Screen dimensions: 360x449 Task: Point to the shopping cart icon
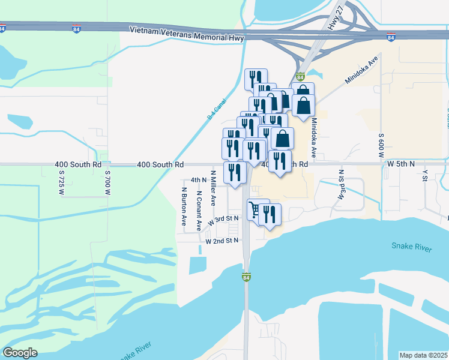point(255,210)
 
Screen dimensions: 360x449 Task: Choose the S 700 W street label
point(108,184)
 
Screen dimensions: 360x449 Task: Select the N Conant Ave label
point(199,211)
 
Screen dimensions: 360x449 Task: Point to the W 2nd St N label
point(222,241)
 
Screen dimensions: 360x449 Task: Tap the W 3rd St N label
point(223,221)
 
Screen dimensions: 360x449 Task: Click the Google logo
point(20,353)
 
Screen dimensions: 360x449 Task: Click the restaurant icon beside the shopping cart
point(269,215)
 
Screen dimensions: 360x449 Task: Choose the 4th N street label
point(198,179)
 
